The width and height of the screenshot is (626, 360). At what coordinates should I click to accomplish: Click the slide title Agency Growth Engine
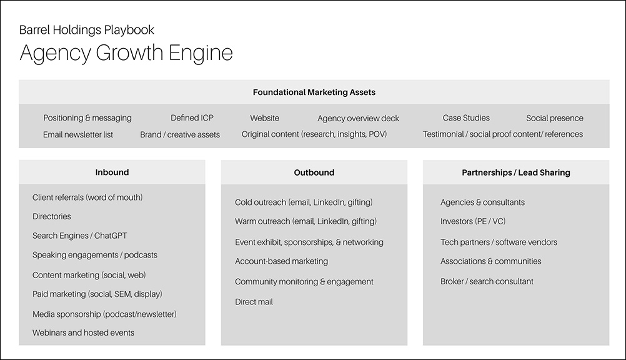(126, 53)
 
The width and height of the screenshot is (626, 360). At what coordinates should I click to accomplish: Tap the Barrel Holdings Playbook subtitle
(87, 30)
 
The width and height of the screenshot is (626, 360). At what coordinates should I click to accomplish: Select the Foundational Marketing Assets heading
(314, 92)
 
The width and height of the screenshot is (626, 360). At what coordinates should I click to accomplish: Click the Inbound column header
(112, 172)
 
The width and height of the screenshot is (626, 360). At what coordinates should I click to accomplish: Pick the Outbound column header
(314, 172)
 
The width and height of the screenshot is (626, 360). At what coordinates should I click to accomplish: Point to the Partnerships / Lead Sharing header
(516, 172)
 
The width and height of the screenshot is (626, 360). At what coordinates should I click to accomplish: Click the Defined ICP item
(192, 118)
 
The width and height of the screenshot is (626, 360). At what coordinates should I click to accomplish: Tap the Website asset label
(265, 118)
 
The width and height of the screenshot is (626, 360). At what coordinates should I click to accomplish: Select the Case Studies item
(466, 118)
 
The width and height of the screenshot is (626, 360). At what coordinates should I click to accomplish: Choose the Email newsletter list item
(78, 134)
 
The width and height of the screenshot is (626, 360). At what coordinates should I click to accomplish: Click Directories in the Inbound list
(52, 216)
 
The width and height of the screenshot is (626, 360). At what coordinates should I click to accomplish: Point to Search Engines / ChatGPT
(80, 236)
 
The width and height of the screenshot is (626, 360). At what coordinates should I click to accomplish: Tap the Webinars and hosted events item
(84, 333)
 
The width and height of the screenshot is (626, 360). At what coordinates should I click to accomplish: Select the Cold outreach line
(304, 202)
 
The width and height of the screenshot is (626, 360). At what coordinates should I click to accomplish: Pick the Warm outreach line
(306, 221)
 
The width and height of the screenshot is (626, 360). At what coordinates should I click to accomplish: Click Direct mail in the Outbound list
(254, 302)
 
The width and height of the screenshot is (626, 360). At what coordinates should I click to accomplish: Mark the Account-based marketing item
(282, 261)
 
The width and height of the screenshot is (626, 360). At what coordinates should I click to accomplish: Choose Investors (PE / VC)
(473, 221)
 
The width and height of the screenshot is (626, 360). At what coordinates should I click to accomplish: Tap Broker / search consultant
(487, 281)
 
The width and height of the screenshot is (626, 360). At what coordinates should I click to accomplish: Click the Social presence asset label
(555, 118)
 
